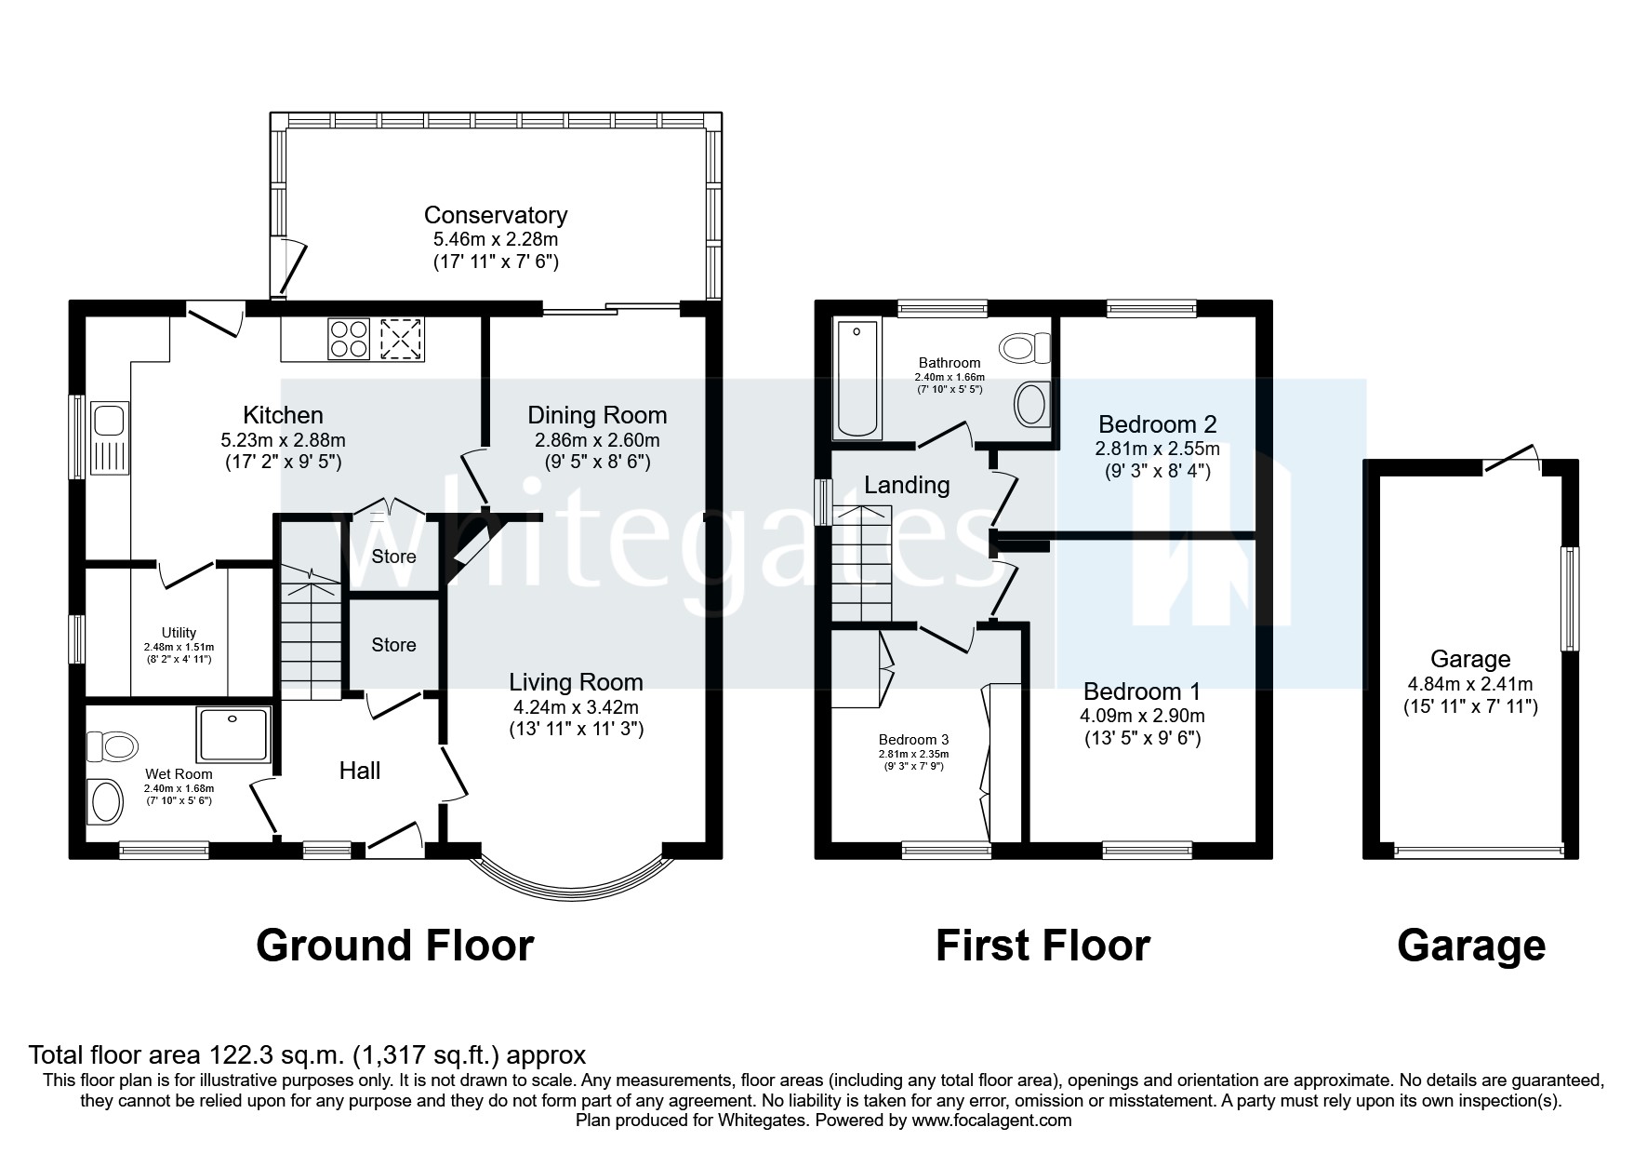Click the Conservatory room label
495,215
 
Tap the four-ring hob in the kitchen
349,339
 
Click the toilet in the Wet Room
111,745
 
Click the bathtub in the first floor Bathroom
857,378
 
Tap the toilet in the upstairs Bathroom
1023,349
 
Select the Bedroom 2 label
1157,424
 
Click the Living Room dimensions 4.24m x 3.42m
576,706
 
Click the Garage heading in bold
1470,946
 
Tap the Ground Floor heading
394,946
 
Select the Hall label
360,771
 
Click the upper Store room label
393,557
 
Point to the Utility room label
179,633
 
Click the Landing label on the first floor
907,485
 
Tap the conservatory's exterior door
290,265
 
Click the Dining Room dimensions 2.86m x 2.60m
597,439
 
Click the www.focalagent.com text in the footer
991,1120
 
